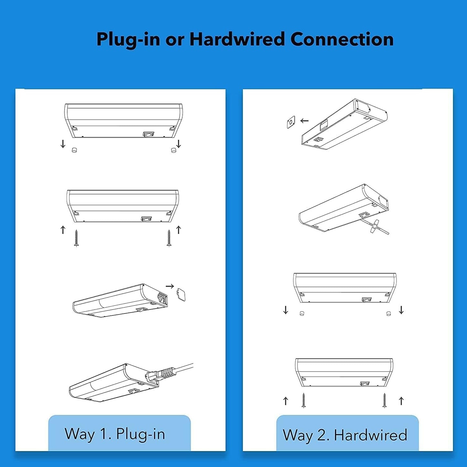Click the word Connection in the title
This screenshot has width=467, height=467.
[x=342, y=39]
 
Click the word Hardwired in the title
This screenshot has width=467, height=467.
[x=237, y=39]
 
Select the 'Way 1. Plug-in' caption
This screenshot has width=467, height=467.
[x=115, y=434]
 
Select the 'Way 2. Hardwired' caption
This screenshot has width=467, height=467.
[x=345, y=435]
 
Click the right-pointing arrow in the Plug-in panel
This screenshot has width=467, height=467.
[x=170, y=286]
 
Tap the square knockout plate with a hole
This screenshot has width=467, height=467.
[x=291, y=122]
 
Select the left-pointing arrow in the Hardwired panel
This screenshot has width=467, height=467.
[x=304, y=121]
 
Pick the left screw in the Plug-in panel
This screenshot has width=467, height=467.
[x=76, y=238]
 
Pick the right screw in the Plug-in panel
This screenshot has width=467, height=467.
[x=169, y=238]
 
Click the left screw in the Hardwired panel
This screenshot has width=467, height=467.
[x=303, y=400]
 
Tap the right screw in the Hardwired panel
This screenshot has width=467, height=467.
[x=385, y=400]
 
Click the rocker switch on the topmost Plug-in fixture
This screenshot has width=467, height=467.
[x=148, y=134]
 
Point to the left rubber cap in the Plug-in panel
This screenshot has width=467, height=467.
[x=74, y=150]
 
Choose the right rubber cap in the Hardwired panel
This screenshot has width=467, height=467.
[x=388, y=313]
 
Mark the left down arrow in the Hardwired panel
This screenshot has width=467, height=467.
[x=286, y=310]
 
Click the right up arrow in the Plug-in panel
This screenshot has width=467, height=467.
[x=178, y=230]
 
